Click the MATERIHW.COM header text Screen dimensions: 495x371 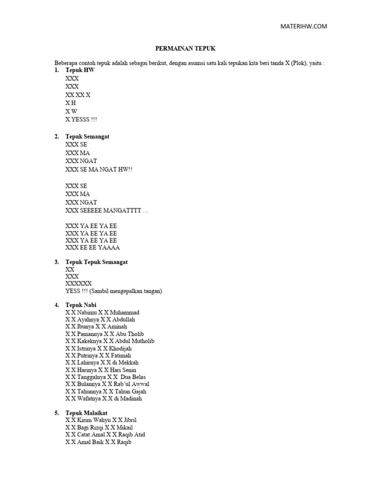304,27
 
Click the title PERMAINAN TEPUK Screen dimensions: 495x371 185,49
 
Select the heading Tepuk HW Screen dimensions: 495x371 80,71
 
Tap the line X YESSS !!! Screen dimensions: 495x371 84,119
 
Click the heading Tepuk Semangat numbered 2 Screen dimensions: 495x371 87,136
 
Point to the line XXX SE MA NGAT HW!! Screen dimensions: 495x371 99,170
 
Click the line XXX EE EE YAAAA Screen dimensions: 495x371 93,247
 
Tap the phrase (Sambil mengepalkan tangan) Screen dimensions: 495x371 128,291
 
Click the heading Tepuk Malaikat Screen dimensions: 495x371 86,413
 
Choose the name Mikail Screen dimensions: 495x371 125,427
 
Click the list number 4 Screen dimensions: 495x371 57,305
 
